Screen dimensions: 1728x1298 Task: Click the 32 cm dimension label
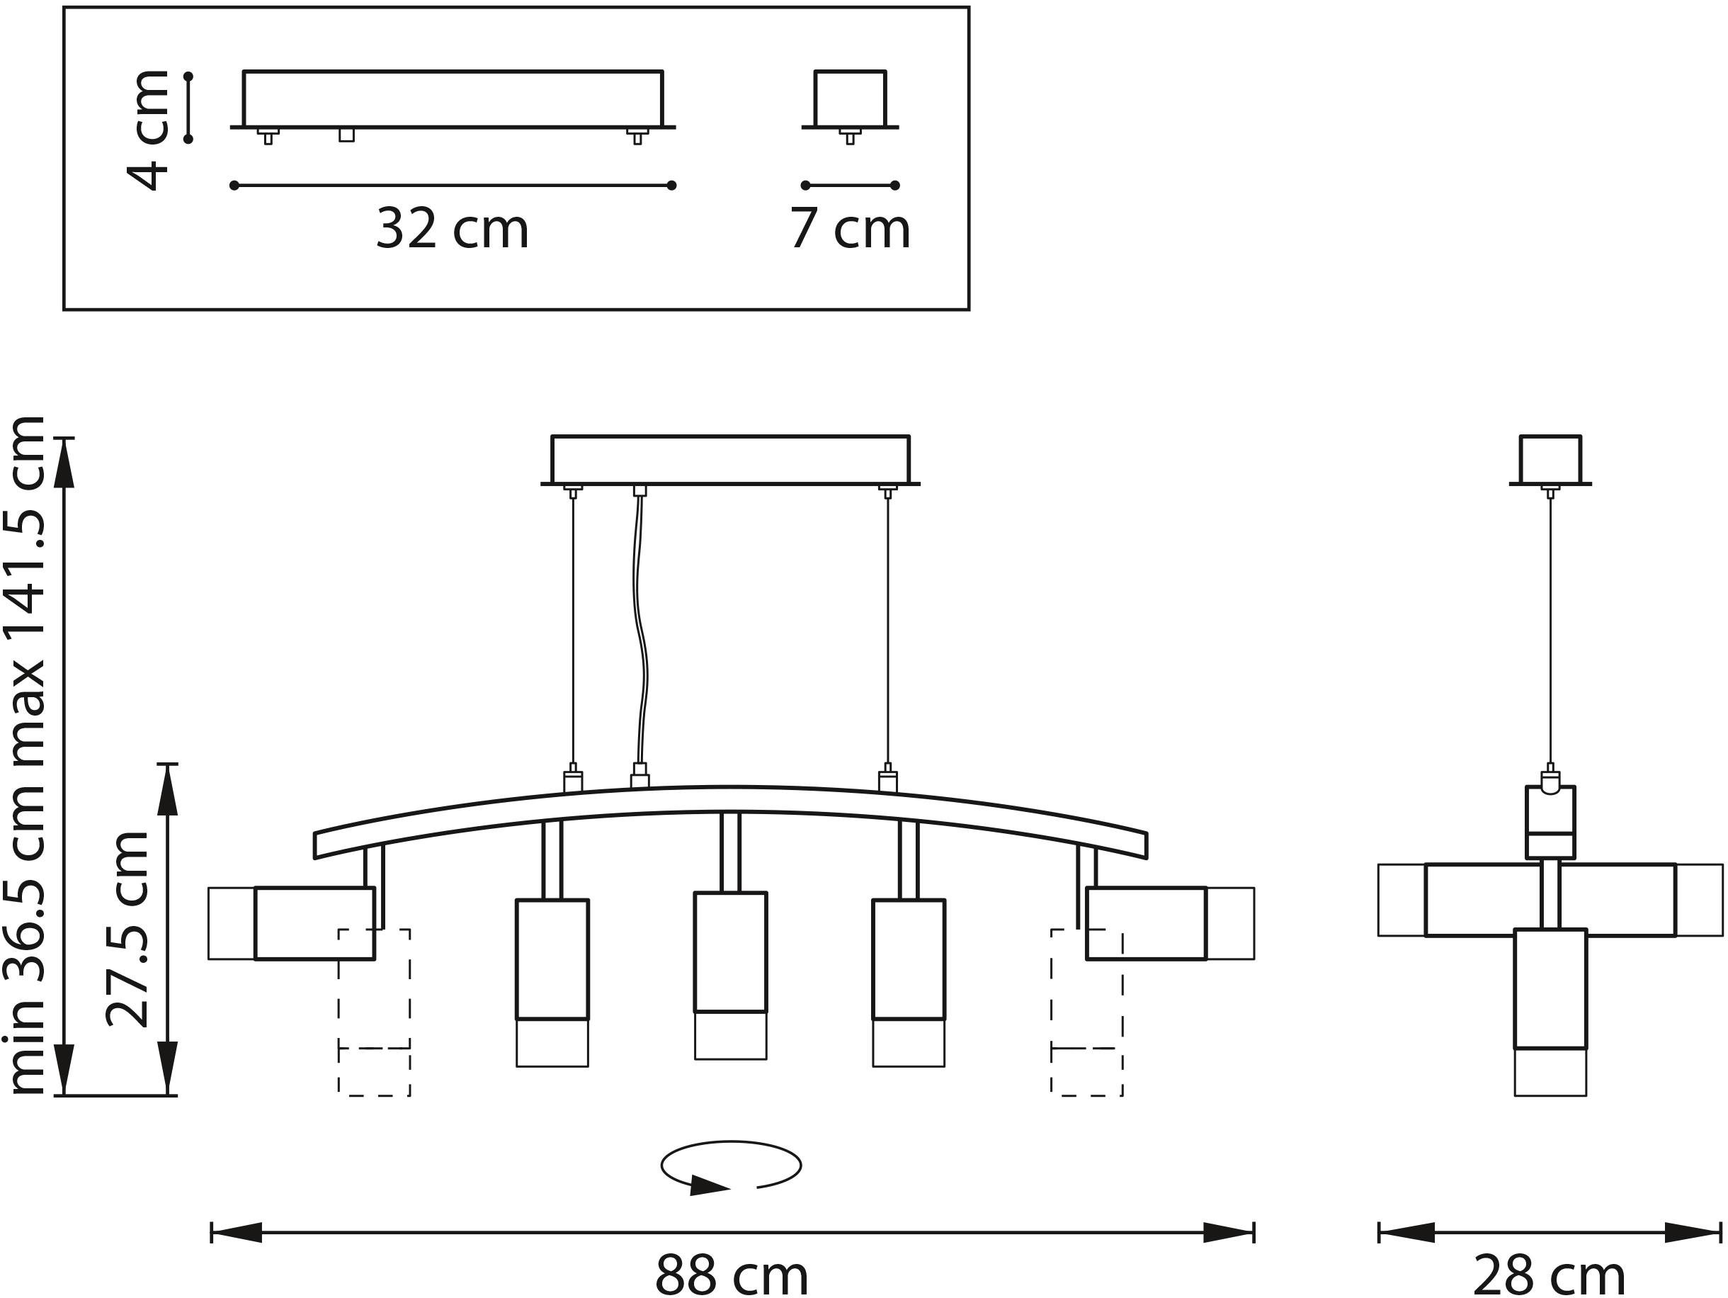tap(453, 229)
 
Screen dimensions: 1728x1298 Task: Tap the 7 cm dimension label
tap(850, 229)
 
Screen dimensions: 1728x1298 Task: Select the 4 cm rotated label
tap(147, 130)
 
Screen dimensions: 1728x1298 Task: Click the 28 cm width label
tap(1549, 1275)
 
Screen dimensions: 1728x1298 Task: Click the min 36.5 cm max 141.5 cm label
tap(24, 756)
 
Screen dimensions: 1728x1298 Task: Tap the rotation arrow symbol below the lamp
tap(731, 1167)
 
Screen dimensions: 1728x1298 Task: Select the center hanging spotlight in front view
tap(730, 976)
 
